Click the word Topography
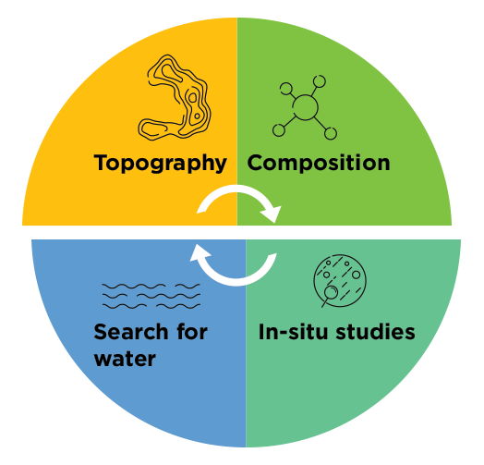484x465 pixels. coord(160,163)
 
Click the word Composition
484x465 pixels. coord(319,163)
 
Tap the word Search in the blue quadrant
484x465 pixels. coord(131,332)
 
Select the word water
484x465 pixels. coord(125,359)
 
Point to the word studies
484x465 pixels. coord(375,332)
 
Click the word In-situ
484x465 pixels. coord(293,332)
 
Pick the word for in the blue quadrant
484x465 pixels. coord(192,332)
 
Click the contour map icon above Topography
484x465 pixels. coord(175,97)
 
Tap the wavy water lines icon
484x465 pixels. coord(151,296)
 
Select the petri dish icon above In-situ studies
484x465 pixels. coord(340,280)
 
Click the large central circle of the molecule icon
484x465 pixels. coord(305,107)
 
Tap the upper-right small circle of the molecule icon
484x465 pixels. coord(320,81)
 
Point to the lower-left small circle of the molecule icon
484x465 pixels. coord(279,130)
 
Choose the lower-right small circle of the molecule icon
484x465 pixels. coord(331,133)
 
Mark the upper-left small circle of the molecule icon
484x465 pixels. coord(286,89)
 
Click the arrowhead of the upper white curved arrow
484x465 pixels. coord(272,214)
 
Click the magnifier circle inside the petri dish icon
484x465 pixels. coord(331,292)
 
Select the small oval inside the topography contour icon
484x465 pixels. coord(193,98)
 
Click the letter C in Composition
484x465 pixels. coord(255,163)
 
